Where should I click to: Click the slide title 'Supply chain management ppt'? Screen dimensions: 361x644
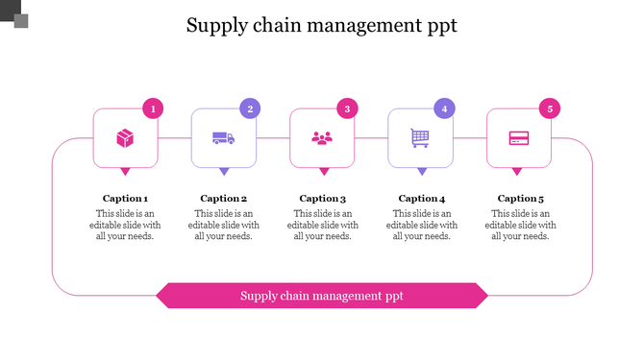pos(321,25)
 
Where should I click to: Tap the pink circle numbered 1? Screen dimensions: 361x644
pos(152,108)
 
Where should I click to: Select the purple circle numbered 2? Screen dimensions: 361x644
pos(250,108)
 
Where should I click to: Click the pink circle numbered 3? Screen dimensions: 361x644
pos(348,108)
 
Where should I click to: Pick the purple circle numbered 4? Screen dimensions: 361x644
pos(444,108)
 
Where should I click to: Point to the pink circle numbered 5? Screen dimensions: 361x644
pos(550,108)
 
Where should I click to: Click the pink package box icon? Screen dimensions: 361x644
pos(125,138)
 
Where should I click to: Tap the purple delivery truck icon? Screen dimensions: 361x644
pos(223,138)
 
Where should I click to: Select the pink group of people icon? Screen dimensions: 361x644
pos(322,138)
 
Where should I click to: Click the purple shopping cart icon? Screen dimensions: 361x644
pos(420,138)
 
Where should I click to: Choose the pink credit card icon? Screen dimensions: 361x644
pos(519,138)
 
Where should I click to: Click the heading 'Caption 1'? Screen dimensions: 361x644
pos(125,199)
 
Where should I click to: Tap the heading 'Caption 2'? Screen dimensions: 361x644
pos(224,199)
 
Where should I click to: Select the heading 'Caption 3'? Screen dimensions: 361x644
pos(322,199)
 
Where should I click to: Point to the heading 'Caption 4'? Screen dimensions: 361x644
pos(421,199)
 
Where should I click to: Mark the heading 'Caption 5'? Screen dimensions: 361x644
pos(520,199)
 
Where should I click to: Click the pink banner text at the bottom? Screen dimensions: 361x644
pos(322,296)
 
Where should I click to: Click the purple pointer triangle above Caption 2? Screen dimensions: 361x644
pos(224,172)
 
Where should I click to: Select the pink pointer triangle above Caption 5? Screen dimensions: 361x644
pos(519,172)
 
